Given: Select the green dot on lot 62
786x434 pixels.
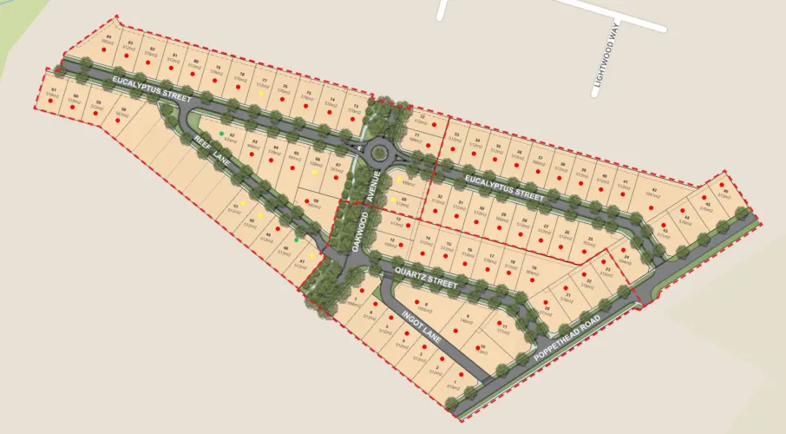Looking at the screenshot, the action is pyautogui.click(x=222, y=133).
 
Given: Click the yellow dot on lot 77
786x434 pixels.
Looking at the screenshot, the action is pyautogui.click(x=261, y=93).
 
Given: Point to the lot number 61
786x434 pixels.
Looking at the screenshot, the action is pyautogui.click(x=55, y=90).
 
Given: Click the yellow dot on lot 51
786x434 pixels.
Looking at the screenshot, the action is pyautogui.click(x=243, y=204).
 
